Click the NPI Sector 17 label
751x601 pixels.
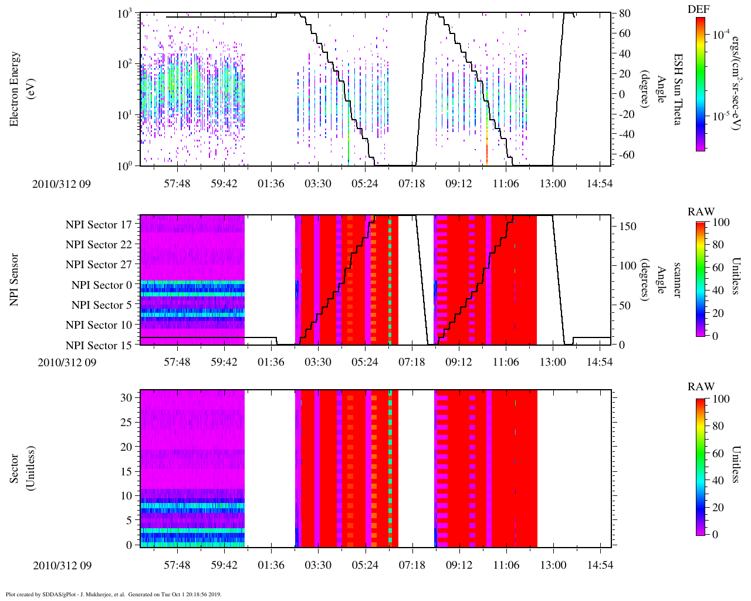[99, 225]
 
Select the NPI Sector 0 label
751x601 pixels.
[102, 285]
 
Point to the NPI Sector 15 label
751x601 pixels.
[99, 346]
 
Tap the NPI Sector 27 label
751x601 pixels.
[99, 265]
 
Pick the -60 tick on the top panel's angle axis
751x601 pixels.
[624, 155]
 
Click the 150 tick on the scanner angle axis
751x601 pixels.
[628, 227]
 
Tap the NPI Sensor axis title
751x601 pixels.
[15, 280]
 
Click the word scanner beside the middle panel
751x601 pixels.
[677, 280]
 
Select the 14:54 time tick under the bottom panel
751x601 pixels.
[600, 565]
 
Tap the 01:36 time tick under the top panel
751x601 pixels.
[271, 184]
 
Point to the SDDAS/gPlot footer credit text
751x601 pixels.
[113, 594]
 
